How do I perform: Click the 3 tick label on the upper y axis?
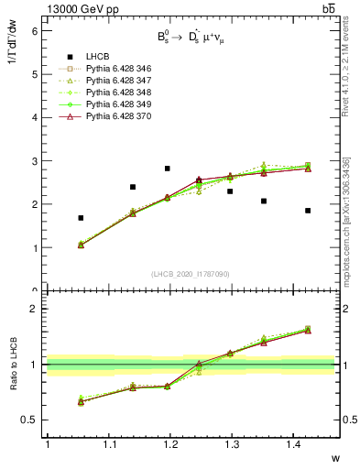pyautogui.click(x=37, y=161)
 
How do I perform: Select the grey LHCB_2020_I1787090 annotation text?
pyautogui.click(x=191, y=275)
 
